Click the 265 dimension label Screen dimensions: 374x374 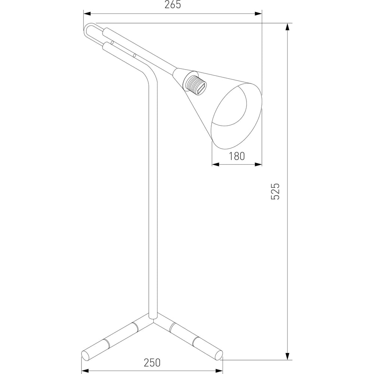pos(173,5)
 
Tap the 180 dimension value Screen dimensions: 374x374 pos(237,156)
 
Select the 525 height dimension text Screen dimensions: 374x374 pos(275,191)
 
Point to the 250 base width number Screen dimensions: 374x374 pos(152,362)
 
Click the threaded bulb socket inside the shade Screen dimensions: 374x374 pos(195,85)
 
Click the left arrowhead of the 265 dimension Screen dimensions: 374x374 pos(87,13)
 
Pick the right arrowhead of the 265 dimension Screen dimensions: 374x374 pos(258,13)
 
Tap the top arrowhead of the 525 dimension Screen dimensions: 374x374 pos(288,27)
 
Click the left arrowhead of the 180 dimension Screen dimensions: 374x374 pos(216,164)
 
